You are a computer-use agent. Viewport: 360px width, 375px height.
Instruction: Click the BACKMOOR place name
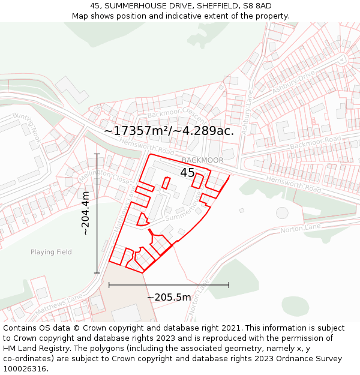pyautogui.click(x=202, y=160)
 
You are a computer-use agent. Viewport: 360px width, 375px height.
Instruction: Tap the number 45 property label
pyautogui.click(x=187, y=173)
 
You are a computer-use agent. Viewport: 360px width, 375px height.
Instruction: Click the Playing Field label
pyautogui.click(x=51, y=252)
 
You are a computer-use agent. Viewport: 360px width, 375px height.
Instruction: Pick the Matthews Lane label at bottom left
pyautogui.click(x=58, y=305)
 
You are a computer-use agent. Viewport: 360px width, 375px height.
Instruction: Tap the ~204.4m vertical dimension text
pyautogui.click(x=85, y=213)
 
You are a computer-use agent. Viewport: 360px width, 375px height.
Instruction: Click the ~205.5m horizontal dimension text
pyautogui.click(x=169, y=297)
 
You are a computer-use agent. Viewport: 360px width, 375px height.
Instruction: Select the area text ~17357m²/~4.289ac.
pyautogui.click(x=169, y=130)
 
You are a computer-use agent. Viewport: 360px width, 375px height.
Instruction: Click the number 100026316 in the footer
pyautogui.click(x=26, y=368)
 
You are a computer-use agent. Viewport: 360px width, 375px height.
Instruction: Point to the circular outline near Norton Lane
pyautogui.click(x=282, y=212)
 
